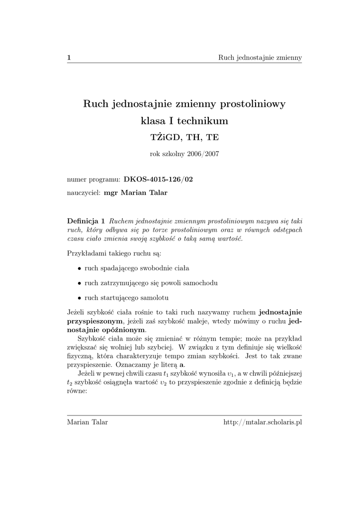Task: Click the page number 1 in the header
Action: [69, 58]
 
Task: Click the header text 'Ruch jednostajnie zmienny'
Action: [260, 58]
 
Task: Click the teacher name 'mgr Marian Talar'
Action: [135, 192]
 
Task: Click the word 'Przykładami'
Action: [86, 254]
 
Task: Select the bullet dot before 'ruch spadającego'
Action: [80, 268]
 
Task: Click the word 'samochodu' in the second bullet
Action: [201, 283]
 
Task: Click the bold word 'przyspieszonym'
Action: [94, 321]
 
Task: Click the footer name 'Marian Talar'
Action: [87, 423]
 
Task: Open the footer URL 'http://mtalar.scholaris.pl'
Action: [263, 423]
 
